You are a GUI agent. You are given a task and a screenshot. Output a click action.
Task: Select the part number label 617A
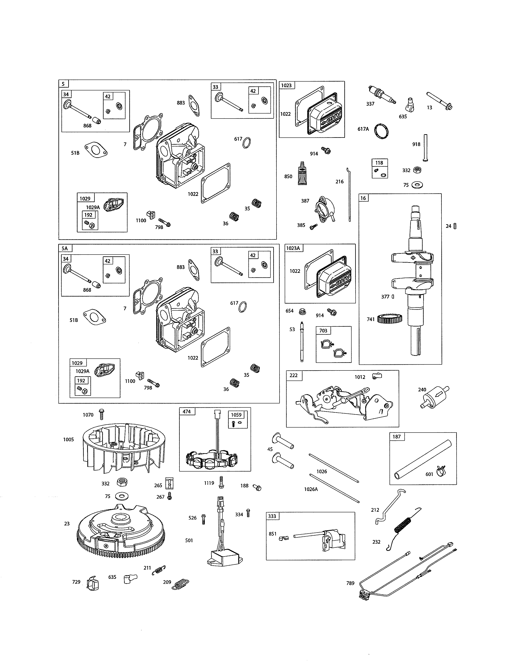point(363,129)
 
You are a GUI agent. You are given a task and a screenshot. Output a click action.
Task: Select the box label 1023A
point(293,248)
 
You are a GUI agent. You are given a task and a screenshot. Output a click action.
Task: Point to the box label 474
point(187,411)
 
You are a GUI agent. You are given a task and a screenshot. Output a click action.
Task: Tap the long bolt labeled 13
point(439,100)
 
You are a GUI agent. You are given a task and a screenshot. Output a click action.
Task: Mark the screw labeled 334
point(248,513)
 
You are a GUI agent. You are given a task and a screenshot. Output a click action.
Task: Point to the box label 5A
point(65,248)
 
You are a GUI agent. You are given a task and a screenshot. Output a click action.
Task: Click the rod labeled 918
point(425,148)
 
